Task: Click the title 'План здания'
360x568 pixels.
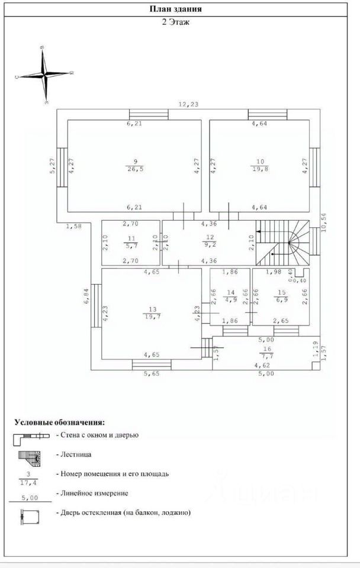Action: (x=179, y=9)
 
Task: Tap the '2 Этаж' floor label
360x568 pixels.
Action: (x=179, y=22)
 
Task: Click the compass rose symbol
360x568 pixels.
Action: (x=45, y=75)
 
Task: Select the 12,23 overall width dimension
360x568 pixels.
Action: (x=189, y=104)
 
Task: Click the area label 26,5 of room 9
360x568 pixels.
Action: (x=135, y=169)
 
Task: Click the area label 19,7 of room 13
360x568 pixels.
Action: (x=152, y=317)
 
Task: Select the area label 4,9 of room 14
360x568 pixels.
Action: (x=230, y=299)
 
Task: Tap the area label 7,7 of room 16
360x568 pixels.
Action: (x=264, y=357)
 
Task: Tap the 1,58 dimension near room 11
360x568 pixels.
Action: (x=73, y=226)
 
